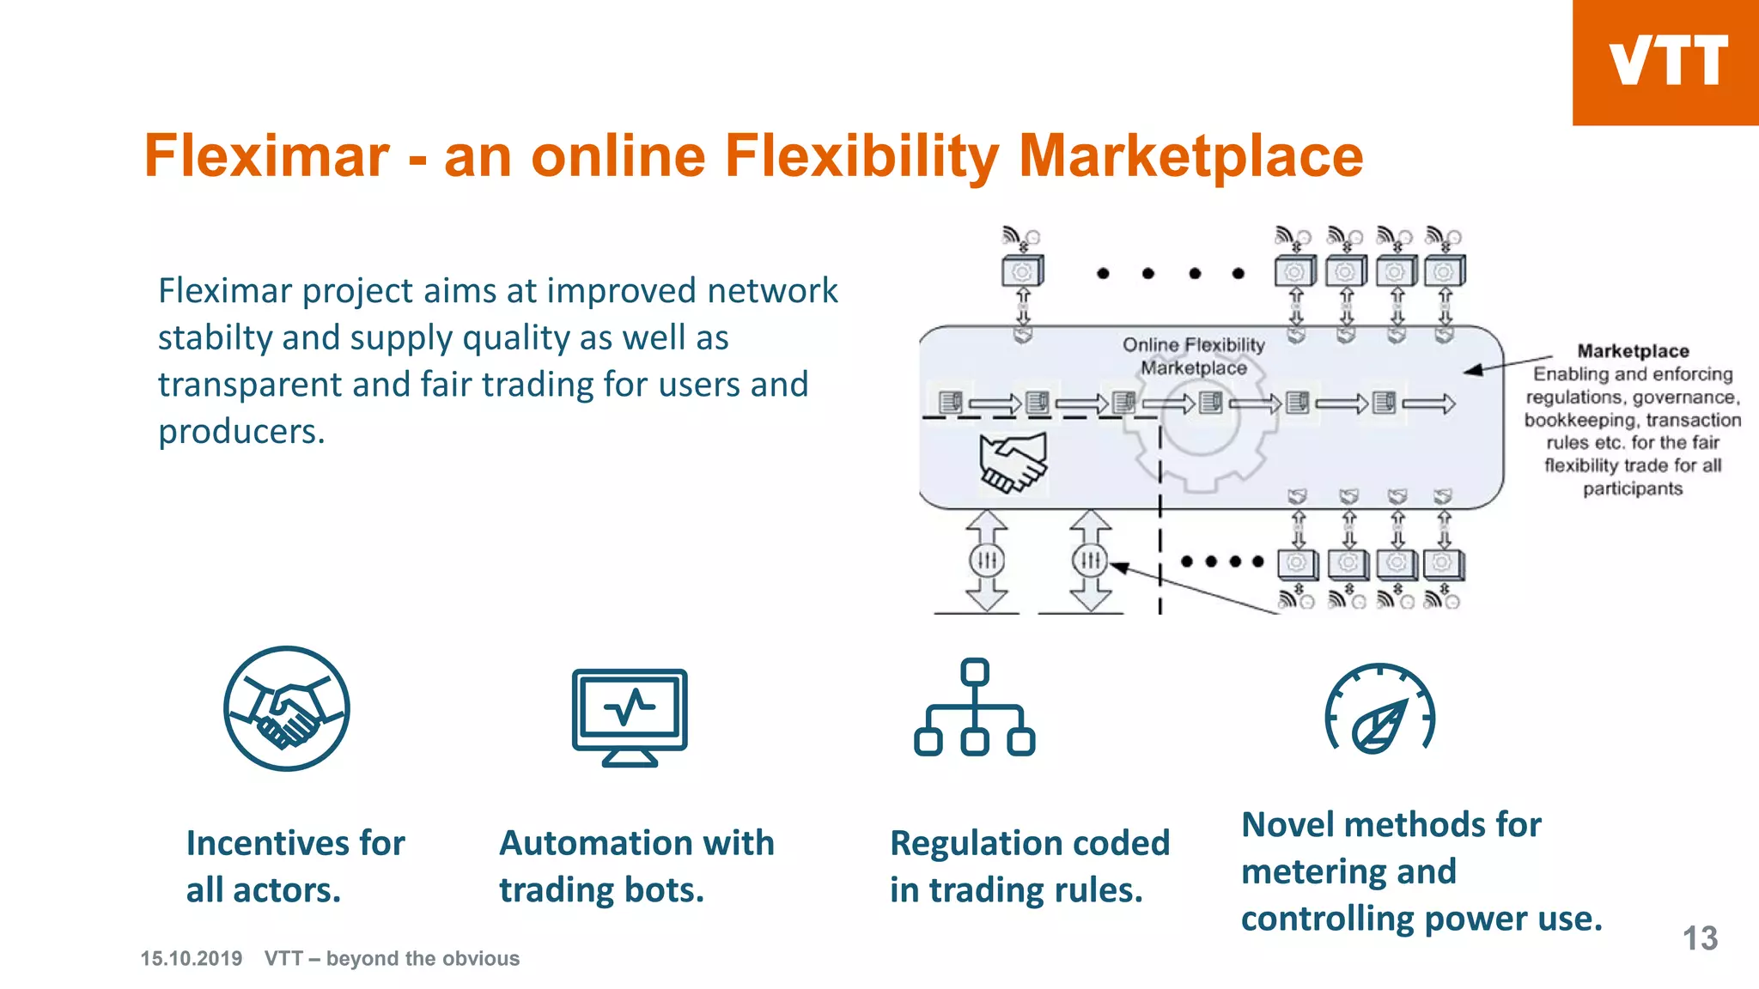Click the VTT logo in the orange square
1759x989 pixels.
1667,61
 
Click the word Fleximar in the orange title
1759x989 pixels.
267,156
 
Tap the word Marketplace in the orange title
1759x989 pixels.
1190,158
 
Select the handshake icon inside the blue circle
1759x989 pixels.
287,708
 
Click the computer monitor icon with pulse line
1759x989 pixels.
630,717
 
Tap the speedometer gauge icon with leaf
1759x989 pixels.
1379,709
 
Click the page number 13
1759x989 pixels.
1700,938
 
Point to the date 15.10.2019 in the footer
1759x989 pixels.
192,958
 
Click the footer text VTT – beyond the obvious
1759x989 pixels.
392,958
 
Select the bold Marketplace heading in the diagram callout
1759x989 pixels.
1633,351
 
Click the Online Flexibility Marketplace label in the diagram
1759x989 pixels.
1194,356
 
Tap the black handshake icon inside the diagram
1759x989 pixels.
1013,462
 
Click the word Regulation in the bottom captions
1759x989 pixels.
976,844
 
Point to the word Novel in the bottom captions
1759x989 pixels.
1287,825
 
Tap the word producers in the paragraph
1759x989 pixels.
241,432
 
